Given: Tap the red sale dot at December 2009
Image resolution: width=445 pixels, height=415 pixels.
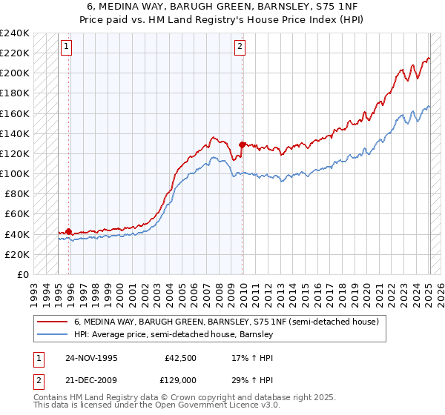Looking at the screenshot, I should click(x=242, y=145).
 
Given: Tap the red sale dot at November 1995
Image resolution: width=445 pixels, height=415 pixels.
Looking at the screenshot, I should click(x=69, y=231).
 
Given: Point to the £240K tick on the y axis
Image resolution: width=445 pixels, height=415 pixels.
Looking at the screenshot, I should click(x=15, y=33).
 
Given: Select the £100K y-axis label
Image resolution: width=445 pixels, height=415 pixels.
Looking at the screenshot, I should click(x=15, y=174).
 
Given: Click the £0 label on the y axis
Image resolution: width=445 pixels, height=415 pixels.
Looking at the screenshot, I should click(x=22, y=274).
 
